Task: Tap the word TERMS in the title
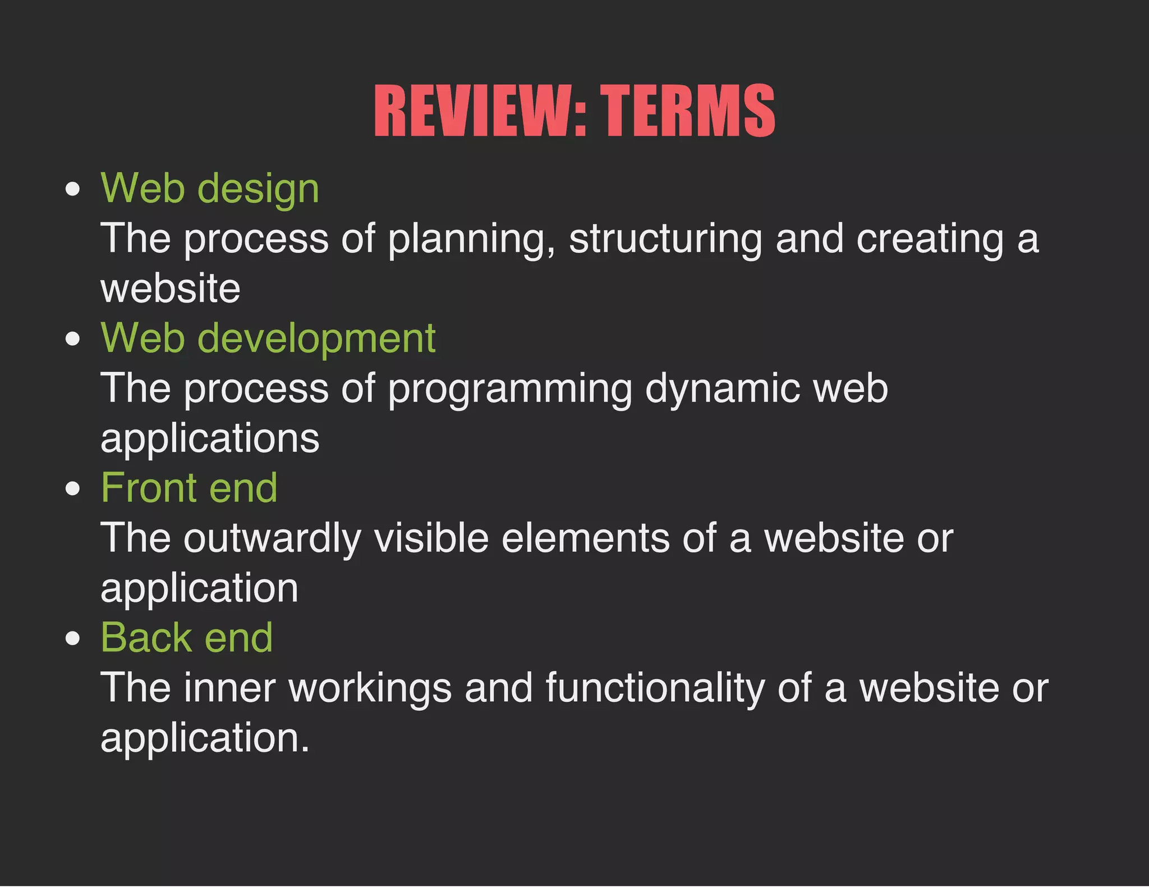pos(688,111)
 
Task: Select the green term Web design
pos(210,189)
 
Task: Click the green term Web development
pos(268,339)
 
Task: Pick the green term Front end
pos(189,488)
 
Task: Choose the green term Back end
pos(187,638)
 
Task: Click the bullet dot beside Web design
pos(72,189)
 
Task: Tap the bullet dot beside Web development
pos(72,339)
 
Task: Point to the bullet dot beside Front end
pos(72,488)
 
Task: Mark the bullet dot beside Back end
pos(72,638)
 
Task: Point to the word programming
pos(510,389)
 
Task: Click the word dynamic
pos(722,389)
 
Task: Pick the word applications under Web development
pos(210,438)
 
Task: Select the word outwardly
pos(273,538)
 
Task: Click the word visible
pos(431,538)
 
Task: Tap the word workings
pos(370,688)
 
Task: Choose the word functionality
pos(655,688)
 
